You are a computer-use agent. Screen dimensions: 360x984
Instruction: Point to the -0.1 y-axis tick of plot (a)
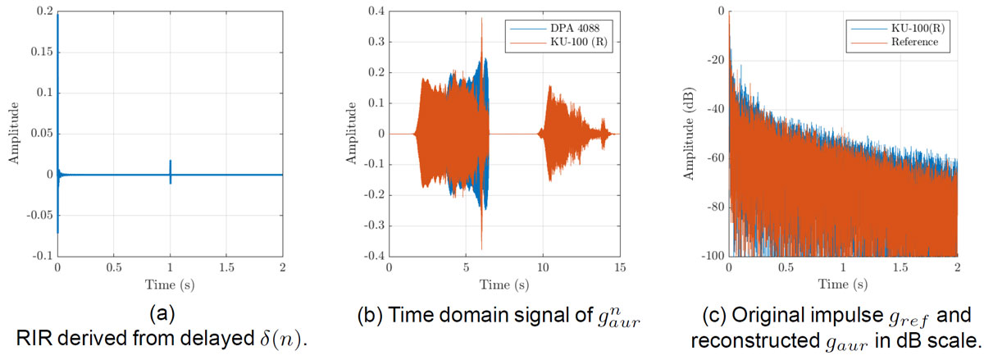point(38,256)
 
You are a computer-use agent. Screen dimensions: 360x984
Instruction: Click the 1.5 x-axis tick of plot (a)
point(226,268)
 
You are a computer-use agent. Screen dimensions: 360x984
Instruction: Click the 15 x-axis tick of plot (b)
point(621,268)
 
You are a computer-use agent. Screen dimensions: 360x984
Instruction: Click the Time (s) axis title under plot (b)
point(505,284)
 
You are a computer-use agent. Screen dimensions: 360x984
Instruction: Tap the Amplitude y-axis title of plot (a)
point(14,134)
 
